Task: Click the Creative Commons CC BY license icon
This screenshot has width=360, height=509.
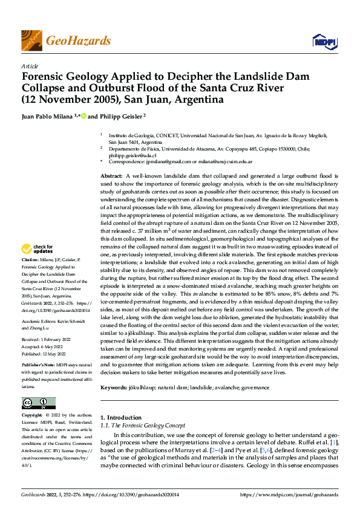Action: [x=38, y=403]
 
